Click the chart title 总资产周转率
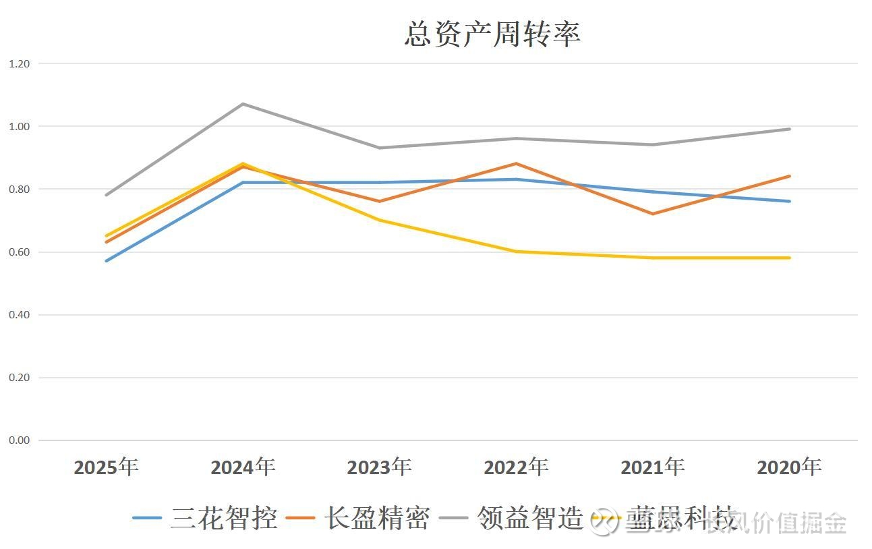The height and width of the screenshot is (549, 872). pos(492,34)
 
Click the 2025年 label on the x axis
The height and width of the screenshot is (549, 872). pos(106,467)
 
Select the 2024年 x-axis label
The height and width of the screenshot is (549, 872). pos(243,467)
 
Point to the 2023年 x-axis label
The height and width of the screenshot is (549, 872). pos(379,467)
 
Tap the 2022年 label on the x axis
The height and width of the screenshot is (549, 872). pos(516,467)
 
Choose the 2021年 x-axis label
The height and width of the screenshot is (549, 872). pos(653,467)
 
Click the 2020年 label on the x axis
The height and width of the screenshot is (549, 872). pos(789,467)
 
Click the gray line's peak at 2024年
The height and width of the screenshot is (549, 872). pos(243,104)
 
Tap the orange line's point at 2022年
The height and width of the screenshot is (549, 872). pos(516,163)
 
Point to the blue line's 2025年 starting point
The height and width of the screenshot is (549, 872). pos(106,261)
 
